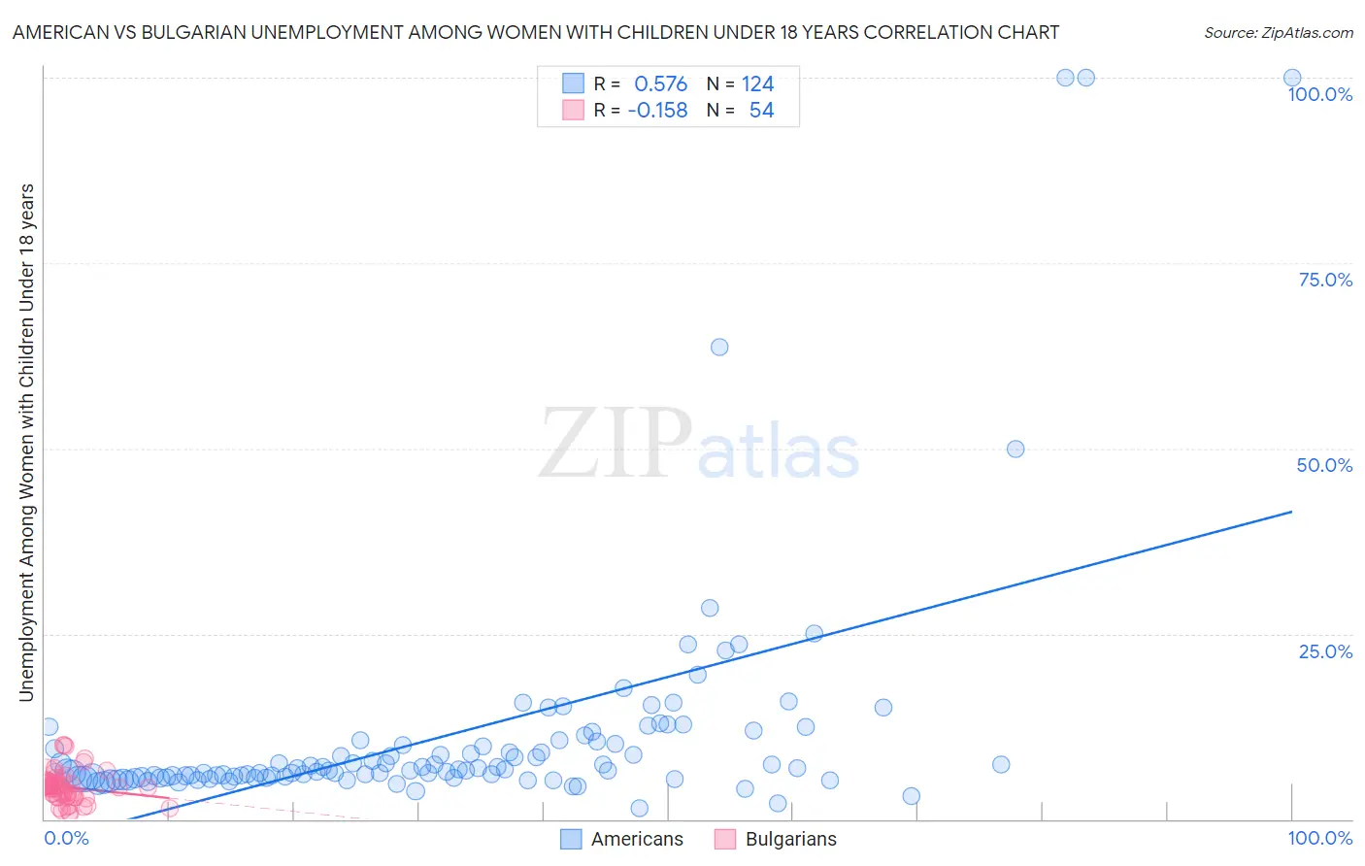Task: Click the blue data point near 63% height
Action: click(x=719, y=347)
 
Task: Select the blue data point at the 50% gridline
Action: click(x=1015, y=449)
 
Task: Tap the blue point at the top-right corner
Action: click(x=1292, y=78)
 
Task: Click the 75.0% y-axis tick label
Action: click(x=1325, y=280)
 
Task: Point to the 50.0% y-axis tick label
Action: click(x=1324, y=465)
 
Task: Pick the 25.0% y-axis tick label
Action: click(x=1325, y=651)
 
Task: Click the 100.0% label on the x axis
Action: click(x=1319, y=838)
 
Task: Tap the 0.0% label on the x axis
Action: click(x=66, y=838)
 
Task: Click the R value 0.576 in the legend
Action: click(x=660, y=83)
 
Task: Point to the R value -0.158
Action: click(x=657, y=111)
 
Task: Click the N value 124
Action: click(x=757, y=83)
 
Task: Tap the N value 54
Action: click(x=761, y=111)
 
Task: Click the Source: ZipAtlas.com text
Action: click(x=1278, y=32)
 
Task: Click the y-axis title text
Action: click(x=26, y=442)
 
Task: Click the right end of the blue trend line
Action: click(x=1291, y=511)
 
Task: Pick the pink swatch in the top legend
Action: click(x=573, y=111)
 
